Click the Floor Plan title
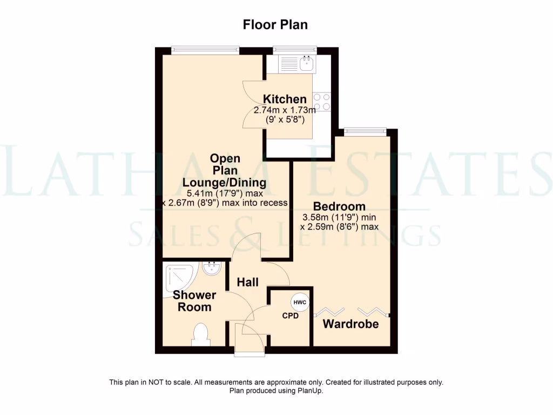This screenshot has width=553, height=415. coord(275,25)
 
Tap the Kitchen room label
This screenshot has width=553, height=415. coord(285,99)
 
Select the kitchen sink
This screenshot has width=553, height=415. coord(308,64)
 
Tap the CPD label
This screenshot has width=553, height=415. coord(291,316)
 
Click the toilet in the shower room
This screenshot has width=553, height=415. coord(200,334)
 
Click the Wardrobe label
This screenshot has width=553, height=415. coord(350,324)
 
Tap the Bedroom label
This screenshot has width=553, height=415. coord(339,206)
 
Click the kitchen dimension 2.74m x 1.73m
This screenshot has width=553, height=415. coord(285,110)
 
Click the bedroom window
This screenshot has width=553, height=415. coord(366,130)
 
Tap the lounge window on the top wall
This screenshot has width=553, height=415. coord(205,49)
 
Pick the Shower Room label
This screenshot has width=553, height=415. coord(194,301)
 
